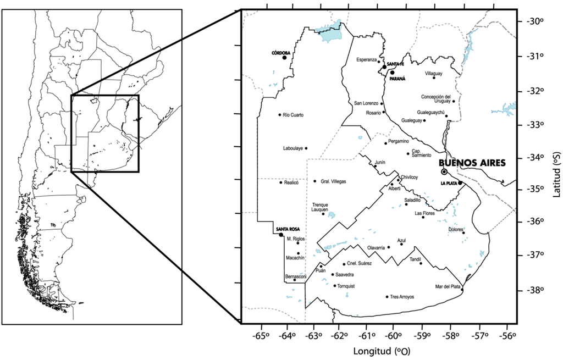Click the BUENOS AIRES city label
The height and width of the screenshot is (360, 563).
click(x=471, y=163)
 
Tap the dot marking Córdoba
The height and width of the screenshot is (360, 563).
click(x=285, y=58)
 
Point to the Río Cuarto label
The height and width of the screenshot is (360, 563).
click(x=293, y=115)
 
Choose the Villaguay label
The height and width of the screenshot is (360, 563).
click(x=433, y=73)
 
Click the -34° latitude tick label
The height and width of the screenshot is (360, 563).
click(x=532, y=157)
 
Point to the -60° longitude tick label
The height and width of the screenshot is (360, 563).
click(x=393, y=336)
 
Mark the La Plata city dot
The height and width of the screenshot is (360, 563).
click(x=460, y=184)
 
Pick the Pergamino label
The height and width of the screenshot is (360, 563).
click(x=399, y=141)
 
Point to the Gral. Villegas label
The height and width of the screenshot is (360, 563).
click(x=333, y=181)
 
